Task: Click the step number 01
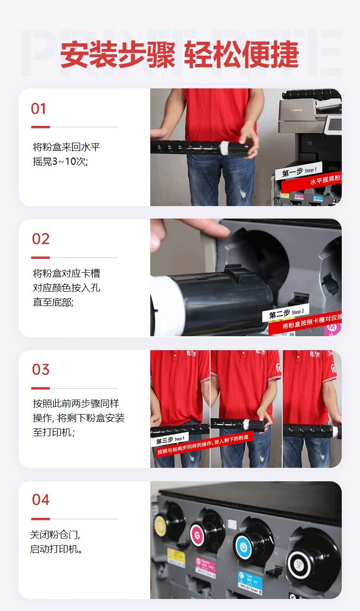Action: point(38,109)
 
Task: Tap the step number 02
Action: point(41,239)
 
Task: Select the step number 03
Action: point(41,369)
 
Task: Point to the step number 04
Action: point(41,500)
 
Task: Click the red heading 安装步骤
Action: point(118,55)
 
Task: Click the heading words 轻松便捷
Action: point(241,55)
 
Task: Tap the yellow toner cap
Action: point(161,526)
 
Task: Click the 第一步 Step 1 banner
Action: point(299,172)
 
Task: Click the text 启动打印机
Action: point(56,549)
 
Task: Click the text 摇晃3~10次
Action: point(60,161)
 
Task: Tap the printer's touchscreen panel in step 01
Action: point(333,124)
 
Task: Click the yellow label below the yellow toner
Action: point(176,558)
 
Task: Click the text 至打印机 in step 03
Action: point(53,432)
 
